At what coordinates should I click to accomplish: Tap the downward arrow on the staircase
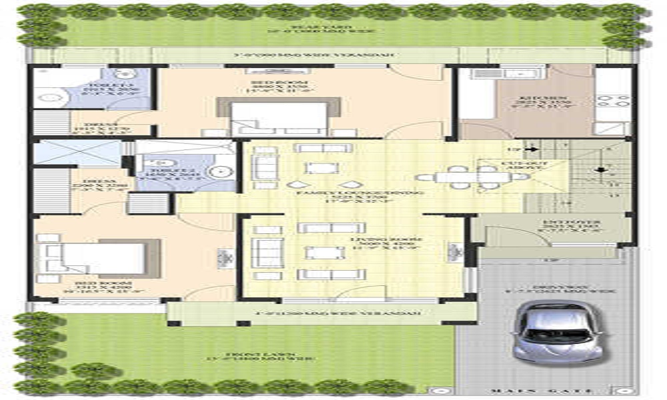click(x=600, y=169)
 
